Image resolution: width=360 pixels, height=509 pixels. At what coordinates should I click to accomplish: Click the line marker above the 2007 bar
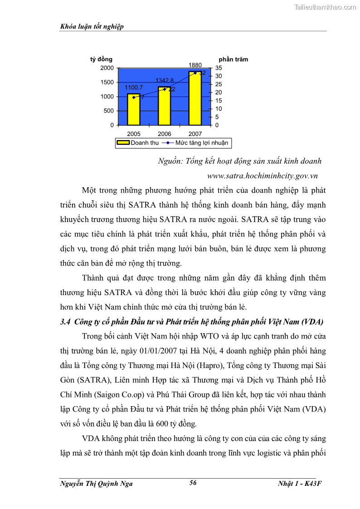pyautogui.click(x=195, y=73)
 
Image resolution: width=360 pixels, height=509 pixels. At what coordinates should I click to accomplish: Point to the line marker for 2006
pyautogui.click(x=165, y=89)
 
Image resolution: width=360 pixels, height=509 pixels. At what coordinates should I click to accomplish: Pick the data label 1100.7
pyautogui.click(x=134, y=87)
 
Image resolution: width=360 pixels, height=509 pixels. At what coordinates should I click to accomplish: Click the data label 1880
pyautogui.click(x=195, y=65)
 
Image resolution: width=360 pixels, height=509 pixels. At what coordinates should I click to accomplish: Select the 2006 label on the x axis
pyautogui.click(x=164, y=134)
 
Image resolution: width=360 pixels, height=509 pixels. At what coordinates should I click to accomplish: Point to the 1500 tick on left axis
pyautogui.click(x=107, y=82)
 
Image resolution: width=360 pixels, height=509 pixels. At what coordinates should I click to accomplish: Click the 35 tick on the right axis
pyautogui.click(x=219, y=68)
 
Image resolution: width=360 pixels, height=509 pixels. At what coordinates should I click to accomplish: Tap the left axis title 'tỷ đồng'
pyautogui.click(x=101, y=59)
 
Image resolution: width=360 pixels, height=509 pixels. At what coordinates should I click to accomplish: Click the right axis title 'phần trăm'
pyautogui.click(x=233, y=59)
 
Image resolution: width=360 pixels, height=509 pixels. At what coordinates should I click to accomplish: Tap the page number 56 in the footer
pyautogui.click(x=193, y=483)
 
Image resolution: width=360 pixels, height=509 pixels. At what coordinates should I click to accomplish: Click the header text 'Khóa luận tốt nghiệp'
pyautogui.click(x=92, y=27)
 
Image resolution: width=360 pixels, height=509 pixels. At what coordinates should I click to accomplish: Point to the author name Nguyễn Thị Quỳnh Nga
pyautogui.click(x=96, y=484)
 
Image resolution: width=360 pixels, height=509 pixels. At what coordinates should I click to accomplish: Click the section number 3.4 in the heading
pyautogui.click(x=65, y=322)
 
